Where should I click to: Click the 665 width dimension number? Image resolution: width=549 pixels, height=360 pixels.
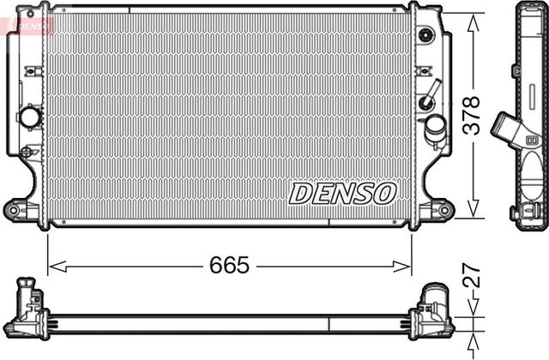(230, 266)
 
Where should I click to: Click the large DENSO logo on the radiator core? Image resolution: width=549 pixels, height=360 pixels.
(342, 193)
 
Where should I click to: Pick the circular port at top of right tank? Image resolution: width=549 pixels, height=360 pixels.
(425, 35)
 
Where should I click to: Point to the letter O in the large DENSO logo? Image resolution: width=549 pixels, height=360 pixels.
(383, 193)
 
